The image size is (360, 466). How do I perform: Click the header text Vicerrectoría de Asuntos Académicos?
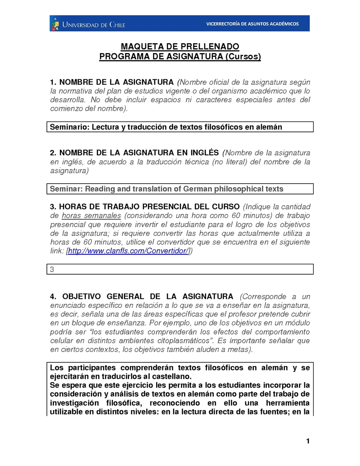[252, 24]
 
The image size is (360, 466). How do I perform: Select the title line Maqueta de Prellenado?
[180, 47]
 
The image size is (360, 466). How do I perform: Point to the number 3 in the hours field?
[52, 269]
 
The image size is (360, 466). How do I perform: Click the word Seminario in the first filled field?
[69, 127]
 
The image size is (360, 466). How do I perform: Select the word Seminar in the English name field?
[66, 189]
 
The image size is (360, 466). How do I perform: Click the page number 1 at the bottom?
[308, 441]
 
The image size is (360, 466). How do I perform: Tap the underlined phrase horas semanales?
[92, 216]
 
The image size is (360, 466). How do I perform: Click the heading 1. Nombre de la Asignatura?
[112, 82]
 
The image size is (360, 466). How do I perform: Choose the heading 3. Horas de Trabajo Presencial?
[144, 207]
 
